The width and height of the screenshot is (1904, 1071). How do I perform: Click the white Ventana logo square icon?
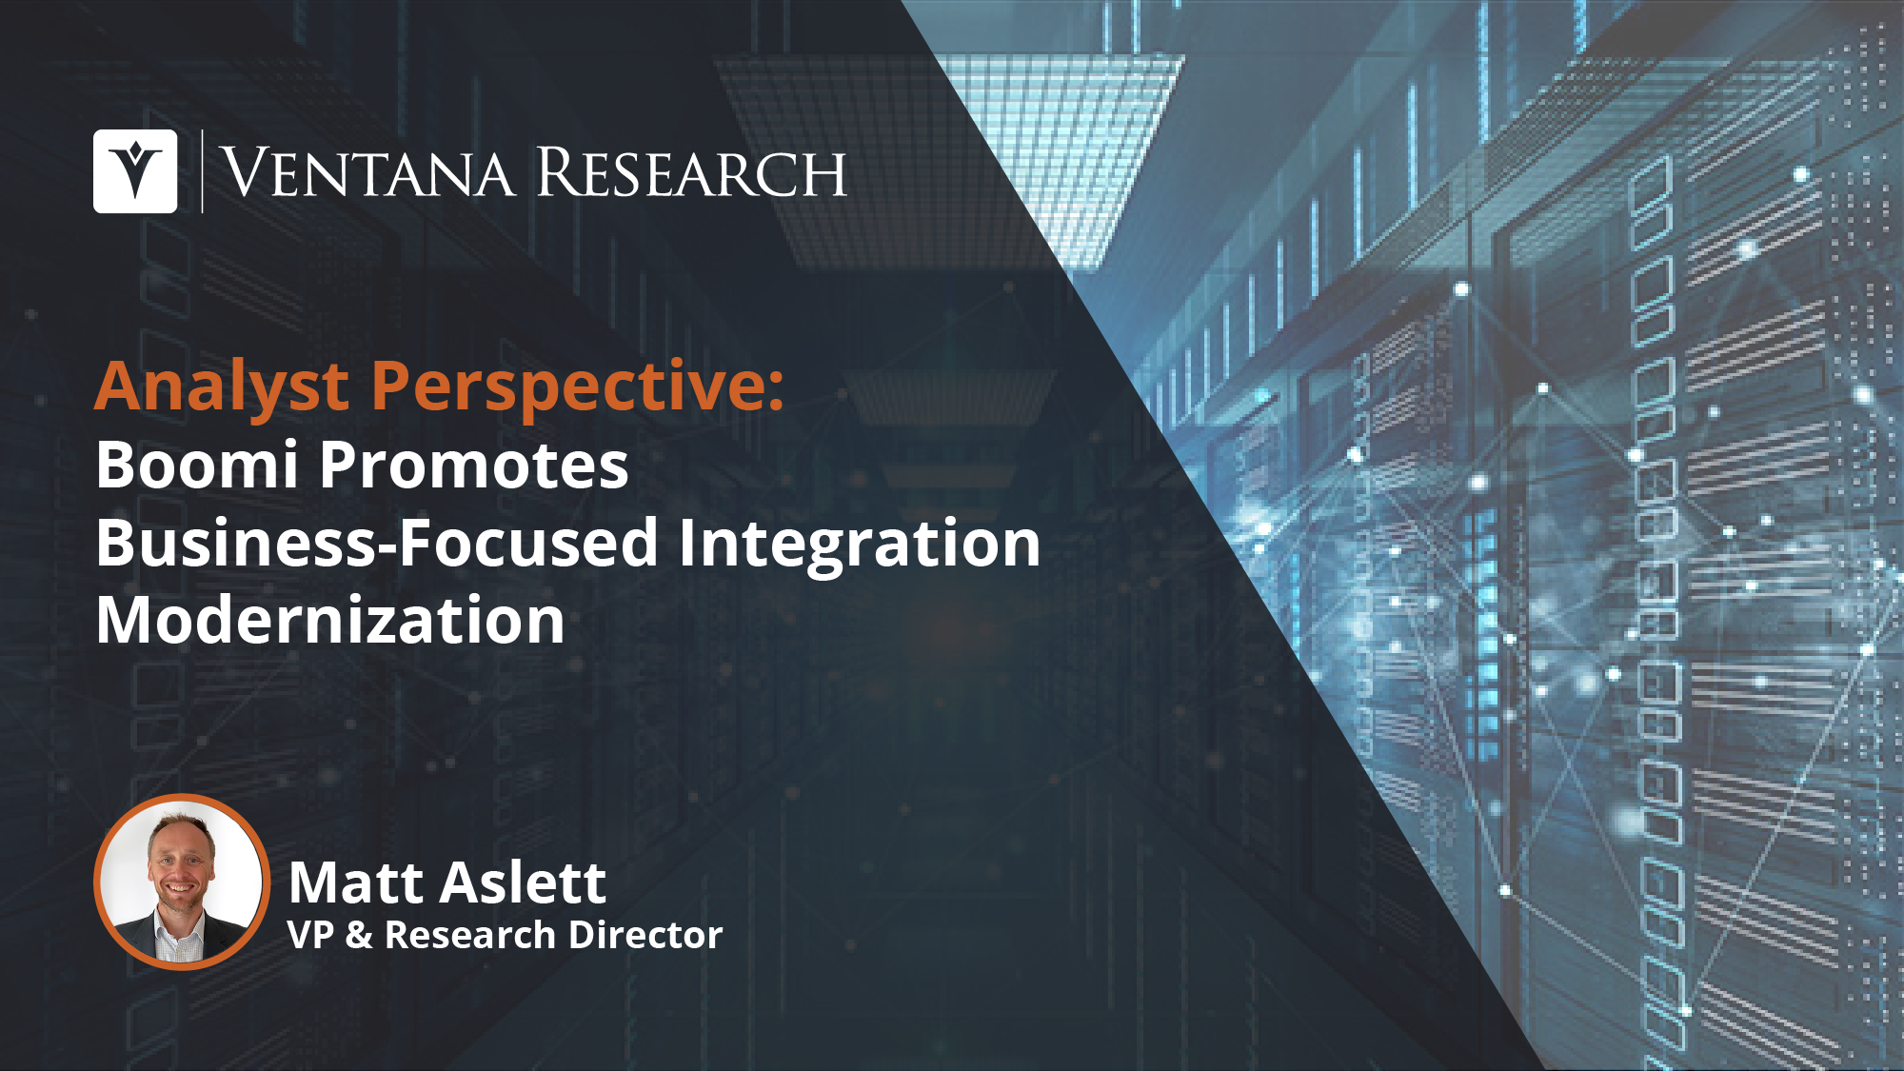(135, 171)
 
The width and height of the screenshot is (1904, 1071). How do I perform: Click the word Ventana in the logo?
(367, 173)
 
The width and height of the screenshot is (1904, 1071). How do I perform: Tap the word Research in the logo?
(692, 173)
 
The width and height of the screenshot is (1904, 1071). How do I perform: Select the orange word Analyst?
(223, 387)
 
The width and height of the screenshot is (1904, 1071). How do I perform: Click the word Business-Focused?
(377, 543)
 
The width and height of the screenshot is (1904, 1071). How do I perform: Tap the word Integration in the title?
(860, 545)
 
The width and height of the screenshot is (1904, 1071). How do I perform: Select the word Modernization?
(330, 621)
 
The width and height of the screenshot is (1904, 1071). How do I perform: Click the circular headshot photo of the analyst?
(181, 881)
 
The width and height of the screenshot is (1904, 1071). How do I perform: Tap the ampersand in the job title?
(359, 935)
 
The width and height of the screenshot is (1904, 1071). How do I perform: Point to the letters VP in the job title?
(310, 935)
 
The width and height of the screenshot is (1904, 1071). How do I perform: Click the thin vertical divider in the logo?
(202, 171)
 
